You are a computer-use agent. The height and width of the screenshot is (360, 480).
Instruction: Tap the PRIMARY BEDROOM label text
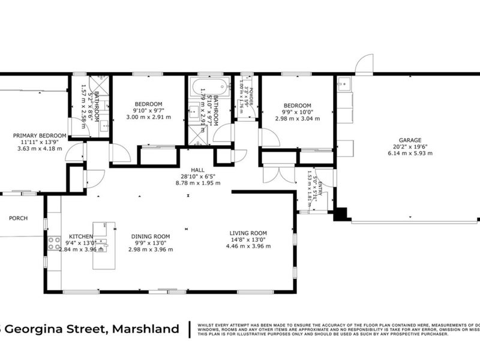pos(39,136)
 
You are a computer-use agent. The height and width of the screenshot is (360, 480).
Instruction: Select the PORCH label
pos(18,218)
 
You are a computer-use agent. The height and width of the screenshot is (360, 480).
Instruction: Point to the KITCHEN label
pos(81,236)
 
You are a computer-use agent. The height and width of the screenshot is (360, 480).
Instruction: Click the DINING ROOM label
pos(151,236)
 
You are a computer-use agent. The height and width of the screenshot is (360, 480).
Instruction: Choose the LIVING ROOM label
pos(248,233)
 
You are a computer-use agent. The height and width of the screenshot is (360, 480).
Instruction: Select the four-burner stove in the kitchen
pos(53,243)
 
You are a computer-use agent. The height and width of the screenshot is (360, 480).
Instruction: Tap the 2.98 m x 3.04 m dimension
pos(297,118)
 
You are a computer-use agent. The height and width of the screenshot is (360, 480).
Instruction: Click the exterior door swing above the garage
pos(364,64)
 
